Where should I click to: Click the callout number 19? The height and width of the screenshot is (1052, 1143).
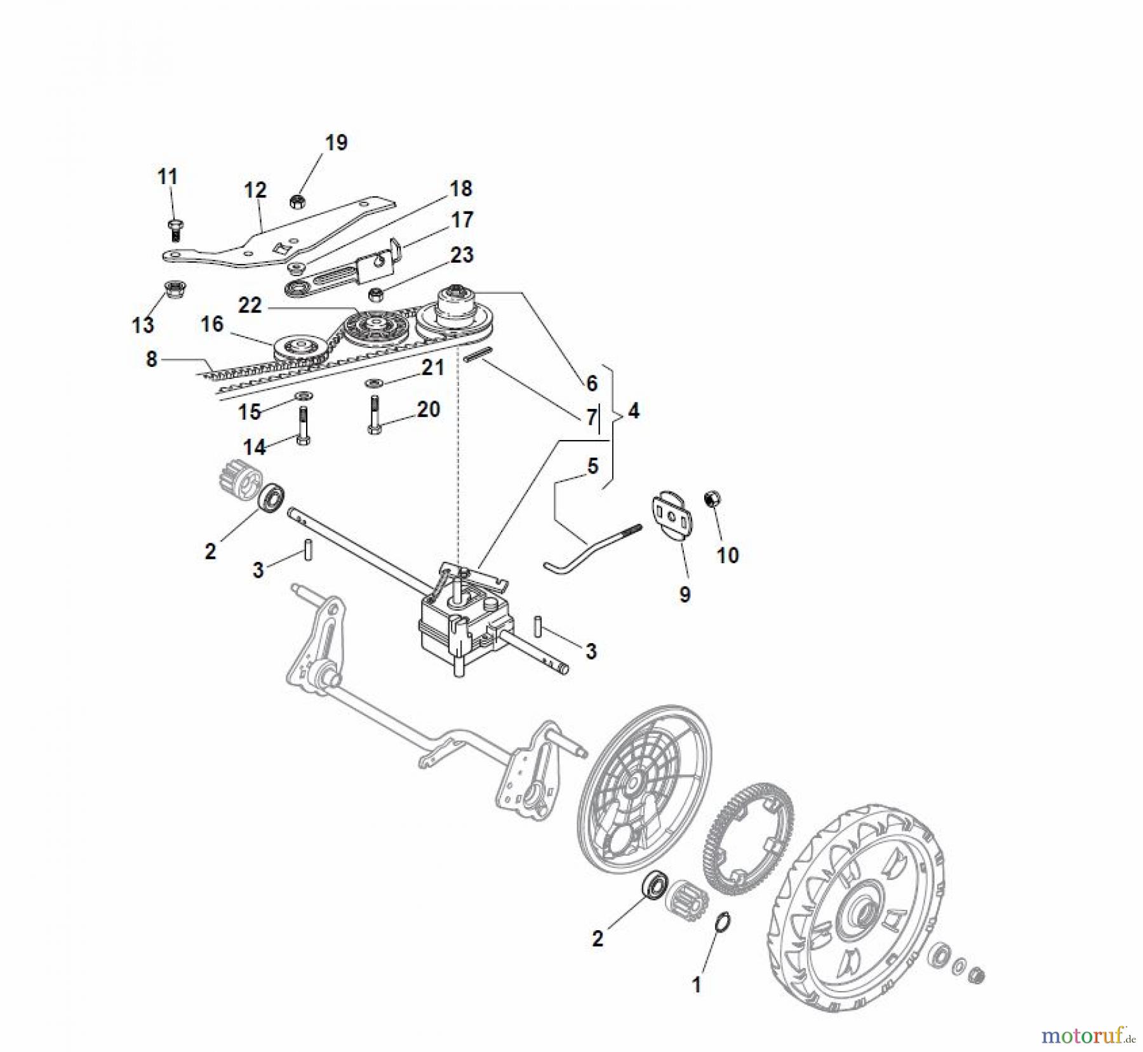[x=336, y=143]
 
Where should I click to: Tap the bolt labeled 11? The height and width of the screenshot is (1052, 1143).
[x=173, y=229]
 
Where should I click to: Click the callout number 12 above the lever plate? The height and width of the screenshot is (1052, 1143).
[x=255, y=190]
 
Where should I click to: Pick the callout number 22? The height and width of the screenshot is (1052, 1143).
[x=250, y=305]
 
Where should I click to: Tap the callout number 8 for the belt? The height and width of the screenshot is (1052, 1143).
[x=151, y=359]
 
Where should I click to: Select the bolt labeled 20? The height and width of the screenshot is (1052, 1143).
[x=374, y=416]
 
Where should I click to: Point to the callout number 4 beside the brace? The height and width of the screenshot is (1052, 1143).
[x=633, y=411]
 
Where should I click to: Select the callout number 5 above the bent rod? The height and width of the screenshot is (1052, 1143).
[x=592, y=467]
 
